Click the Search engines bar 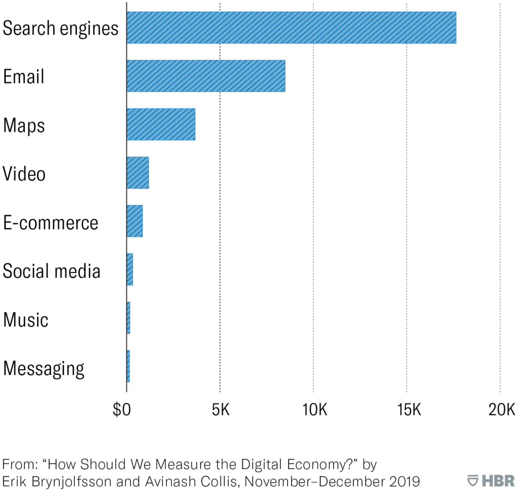[x=291, y=28]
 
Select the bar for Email [x=206, y=76]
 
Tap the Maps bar [x=161, y=124]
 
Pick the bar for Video [x=138, y=173]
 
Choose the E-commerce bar [x=135, y=221]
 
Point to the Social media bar [x=130, y=270]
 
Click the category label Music [x=26, y=320]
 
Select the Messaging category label [x=44, y=369]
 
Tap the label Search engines [x=61, y=29]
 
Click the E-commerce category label [x=51, y=223]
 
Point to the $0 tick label [x=121, y=410]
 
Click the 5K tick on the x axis [x=221, y=410]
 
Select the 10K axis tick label [x=315, y=410]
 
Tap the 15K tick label [x=409, y=410]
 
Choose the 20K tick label [x=501, y=410]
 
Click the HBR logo [x=491, y=481]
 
